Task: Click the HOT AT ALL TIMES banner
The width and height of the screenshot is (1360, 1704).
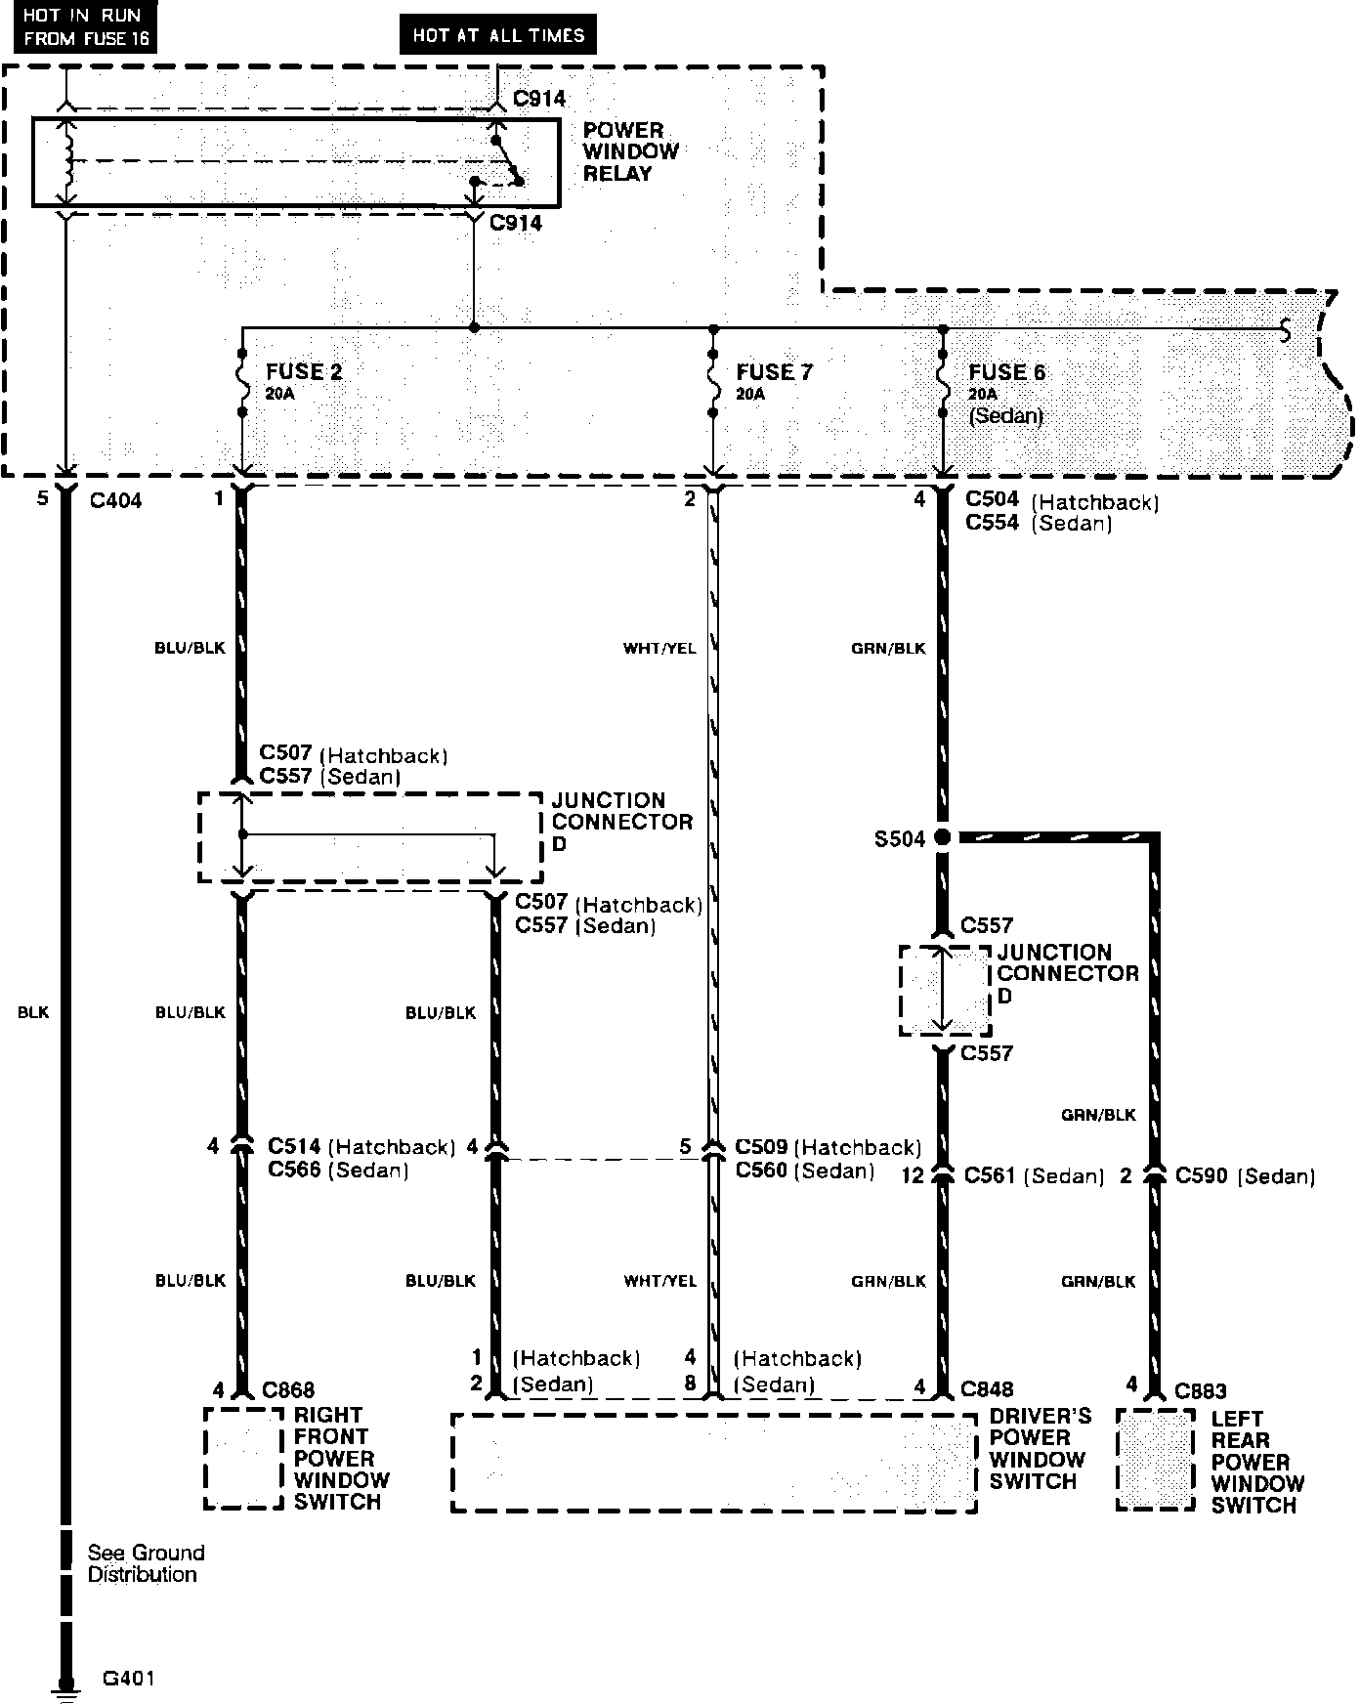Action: (497, 35)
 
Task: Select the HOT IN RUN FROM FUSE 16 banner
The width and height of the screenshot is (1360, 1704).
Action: (81, 27)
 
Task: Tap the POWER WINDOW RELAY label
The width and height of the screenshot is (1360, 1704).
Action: (630, 151)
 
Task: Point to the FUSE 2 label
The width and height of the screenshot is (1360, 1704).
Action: (304, 372)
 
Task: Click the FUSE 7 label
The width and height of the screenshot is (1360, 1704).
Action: (774, 372)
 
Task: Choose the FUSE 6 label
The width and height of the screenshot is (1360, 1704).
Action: (1006, 373)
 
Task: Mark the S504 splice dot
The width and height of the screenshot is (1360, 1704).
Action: (942, 837)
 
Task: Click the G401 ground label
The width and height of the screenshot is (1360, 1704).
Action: (128, 1679)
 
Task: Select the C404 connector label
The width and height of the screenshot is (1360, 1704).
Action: (115, 500)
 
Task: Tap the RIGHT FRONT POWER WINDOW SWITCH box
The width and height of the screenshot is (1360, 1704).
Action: (243, 1458)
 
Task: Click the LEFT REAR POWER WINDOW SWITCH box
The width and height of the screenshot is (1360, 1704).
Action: (1156, 1460)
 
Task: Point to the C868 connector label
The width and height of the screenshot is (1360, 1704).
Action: (288, 1390)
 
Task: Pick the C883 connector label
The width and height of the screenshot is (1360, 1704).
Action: (1200, 1390)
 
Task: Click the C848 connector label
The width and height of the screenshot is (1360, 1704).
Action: (987, 1388)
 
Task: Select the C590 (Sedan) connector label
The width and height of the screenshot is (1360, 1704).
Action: (1245, 1176)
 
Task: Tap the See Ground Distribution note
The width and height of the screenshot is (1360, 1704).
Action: (146, 1563)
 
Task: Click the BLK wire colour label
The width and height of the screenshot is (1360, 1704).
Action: (33, 1013)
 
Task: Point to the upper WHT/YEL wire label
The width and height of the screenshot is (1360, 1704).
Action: (659, 648)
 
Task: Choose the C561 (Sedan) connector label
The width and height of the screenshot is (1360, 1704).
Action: (1034, 1176)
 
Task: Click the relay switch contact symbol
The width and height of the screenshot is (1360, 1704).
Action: (507, 161)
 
